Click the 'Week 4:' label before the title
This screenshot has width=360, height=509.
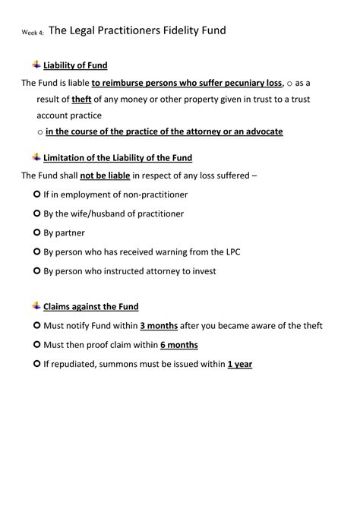(33, 33)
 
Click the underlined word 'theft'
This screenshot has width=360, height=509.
(81, 100)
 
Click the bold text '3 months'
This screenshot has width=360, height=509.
(159, 326)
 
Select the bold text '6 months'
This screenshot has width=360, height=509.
(178, 345)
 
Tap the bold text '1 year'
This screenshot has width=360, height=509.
(240, 364)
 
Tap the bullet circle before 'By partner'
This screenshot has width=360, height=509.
(37, 232)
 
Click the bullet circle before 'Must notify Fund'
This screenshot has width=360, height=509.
(37, 326)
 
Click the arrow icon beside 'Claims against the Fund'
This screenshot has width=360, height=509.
(36, 305)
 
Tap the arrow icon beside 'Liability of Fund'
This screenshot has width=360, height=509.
(36, 65)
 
